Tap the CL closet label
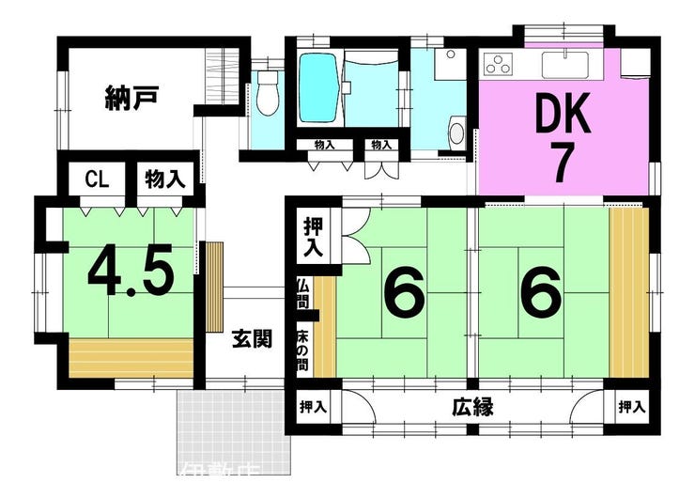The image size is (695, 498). [94, 179]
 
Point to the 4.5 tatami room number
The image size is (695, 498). [131, 272]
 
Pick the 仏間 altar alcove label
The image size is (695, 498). [302, 291]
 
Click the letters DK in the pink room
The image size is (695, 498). [564, 115]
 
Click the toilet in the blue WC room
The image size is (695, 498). [268, 95]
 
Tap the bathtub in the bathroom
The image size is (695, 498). [318, 89]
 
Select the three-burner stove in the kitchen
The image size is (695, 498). [498, 65]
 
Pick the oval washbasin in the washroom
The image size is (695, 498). [456, 132]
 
